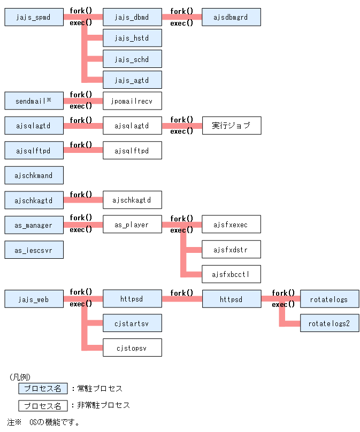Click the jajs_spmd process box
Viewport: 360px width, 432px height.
[34, 17]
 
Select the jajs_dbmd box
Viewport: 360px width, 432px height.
[132, 17]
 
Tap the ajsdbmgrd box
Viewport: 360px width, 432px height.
[231, 17]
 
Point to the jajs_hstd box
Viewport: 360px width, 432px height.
[132, 38]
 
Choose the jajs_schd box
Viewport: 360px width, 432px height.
[132, 59]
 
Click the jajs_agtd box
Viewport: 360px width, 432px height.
[132, 80]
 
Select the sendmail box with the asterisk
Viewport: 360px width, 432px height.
[34, 101]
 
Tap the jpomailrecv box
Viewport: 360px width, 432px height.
[132, 101]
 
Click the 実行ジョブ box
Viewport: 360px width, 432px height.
[231, 126]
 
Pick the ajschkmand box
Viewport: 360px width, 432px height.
[34, 175]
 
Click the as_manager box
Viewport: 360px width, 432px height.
[34, 225]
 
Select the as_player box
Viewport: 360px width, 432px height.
[132, 225]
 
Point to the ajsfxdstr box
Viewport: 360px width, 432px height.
[231, 250]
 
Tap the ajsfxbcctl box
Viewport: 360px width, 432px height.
[231, 274]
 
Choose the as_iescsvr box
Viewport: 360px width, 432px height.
[34, 250]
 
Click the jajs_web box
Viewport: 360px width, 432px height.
[34, 299]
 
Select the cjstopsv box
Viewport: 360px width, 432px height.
[132, 348]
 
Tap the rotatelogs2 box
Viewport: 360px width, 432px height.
[330, 323]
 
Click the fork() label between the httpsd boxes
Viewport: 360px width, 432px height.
[182, 293]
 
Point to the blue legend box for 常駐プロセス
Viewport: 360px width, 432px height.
[43, 389]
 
